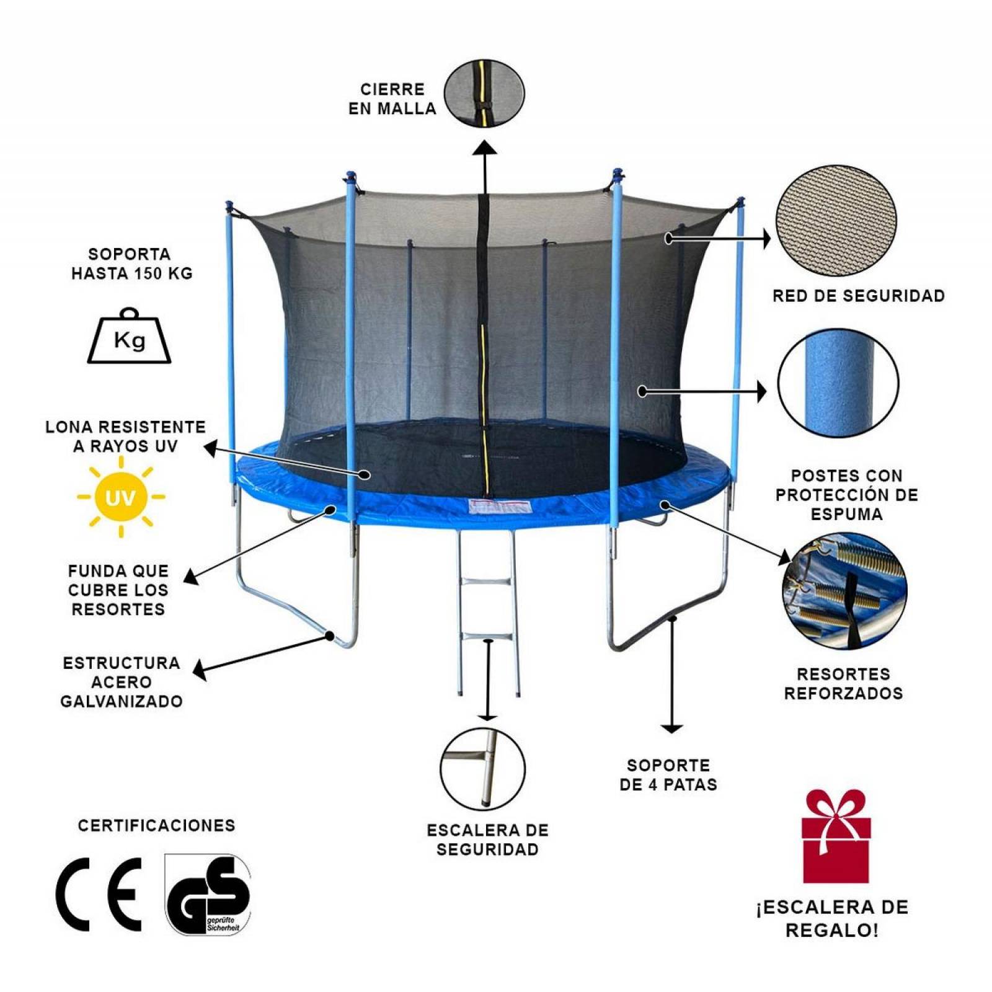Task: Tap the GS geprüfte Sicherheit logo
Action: [x=208, y=894]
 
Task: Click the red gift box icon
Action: [x=836, y=836]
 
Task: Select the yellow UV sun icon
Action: [x=120, y=497]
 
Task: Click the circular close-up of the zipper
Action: [x=484, y=93]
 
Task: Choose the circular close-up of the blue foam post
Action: [x=838, y=383]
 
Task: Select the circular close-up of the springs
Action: [x=844, y=590]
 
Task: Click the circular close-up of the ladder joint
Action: [x=482, y=769]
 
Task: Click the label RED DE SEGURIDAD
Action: [x=859, y=296]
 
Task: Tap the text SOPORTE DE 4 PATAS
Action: [x=668, y=775]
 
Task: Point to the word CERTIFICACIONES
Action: [x=157, y=825]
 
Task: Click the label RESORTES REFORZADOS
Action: [x=843, y=683]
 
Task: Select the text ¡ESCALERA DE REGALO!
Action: [x=832, y=918]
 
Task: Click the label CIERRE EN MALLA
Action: [x=392, y=99]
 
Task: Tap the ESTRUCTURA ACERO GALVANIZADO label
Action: [x=122, y=682]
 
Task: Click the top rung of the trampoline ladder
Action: [x=485, y=583]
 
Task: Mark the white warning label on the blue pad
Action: [x=501, y=507]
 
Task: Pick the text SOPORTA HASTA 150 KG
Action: [x=131, y=263]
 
